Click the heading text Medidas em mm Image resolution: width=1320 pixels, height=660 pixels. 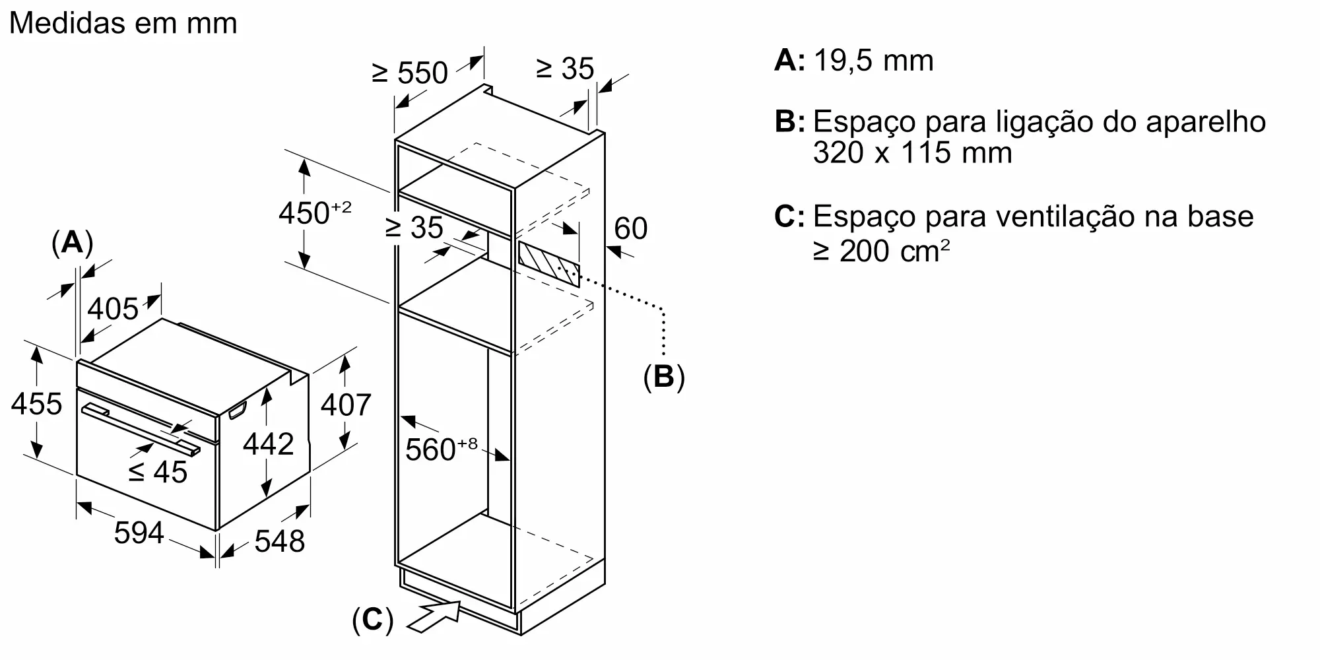click(x=123, y=24)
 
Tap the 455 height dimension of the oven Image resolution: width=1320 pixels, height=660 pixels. click(x=36, y=404)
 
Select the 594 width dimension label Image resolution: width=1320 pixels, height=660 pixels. click(x=139, y=533)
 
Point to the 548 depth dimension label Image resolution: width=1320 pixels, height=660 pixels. click(x=280, y=541)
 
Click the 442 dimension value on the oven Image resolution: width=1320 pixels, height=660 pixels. click(x=268, y=444)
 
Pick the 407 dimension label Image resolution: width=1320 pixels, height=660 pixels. click(x=346, y=405)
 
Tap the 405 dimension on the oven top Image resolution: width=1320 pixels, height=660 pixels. click(x=114, y=308)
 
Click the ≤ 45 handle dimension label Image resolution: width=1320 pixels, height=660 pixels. click(x=158, y=471)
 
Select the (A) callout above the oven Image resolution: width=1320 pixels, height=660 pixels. click(x=72, y=244)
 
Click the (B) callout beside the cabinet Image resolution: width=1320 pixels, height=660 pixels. click(x=664, y=376)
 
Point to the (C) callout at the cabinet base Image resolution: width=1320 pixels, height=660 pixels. click(x=373, y=620)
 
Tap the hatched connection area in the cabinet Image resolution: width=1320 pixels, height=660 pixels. click(x=549, y=263)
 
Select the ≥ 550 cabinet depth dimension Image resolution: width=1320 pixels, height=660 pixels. click(x=410, y=72)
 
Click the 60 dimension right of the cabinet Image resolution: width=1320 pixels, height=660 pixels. click(x=630, y=228)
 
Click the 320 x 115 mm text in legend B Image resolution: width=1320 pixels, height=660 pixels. click(x=912, y=153)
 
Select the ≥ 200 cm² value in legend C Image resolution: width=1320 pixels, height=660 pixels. click(x=882, y=251)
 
